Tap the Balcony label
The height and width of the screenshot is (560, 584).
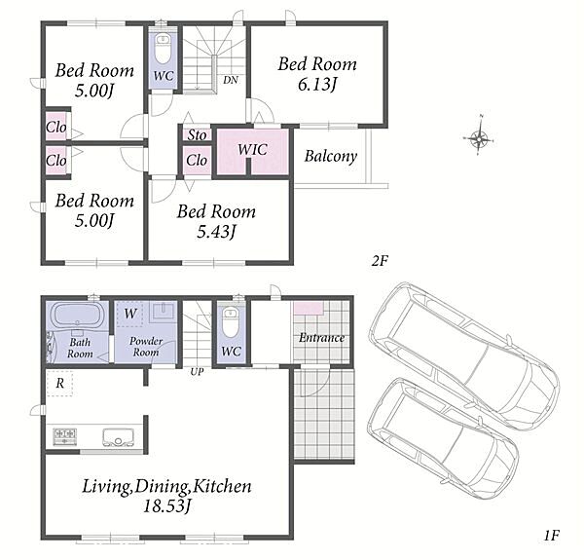[x=331, y=156]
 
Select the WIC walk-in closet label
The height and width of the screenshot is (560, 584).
[x=252, y=150]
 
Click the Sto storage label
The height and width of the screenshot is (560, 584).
[x=197, y=134]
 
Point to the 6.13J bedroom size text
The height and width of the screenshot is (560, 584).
[x=317, y=85]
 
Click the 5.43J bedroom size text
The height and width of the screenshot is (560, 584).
[x=216, y=232]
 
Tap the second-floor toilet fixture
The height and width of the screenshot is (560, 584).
[x=163, y=49]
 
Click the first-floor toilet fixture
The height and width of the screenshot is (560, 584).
[x=230, y=321]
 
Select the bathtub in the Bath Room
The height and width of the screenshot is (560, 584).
[x=77, y=316]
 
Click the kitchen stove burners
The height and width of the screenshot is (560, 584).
[x=64, y=436]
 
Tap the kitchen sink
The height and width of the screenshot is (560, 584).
[x=118, y=437]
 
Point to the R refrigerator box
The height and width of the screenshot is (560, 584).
[x=59, y=383]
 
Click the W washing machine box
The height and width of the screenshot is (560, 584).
[x=129, y=314]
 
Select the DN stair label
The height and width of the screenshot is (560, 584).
[x=231, y=80]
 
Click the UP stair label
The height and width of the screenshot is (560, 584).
[x=197, y=371]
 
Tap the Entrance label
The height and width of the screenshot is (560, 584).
[x=321, y=338]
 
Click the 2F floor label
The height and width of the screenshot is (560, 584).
[x=380, y=261]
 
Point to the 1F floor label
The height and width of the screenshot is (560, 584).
[x=552, y=536]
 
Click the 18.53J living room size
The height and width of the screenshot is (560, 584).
[x=166, y=506]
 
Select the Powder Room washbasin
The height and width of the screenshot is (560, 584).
[x=164, y=311]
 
